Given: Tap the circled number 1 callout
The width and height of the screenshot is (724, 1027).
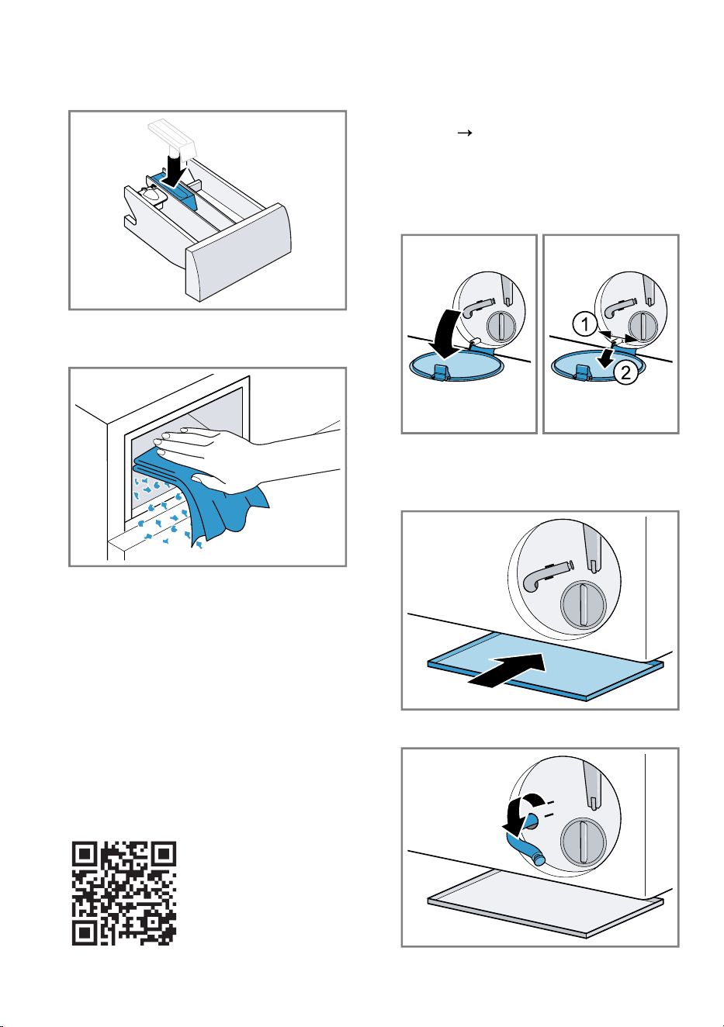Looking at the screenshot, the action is click(x=584, y=324).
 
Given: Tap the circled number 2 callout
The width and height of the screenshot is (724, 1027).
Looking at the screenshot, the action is click(x=625, y=373).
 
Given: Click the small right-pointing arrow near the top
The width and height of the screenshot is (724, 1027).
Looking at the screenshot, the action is click(x=465, y=133).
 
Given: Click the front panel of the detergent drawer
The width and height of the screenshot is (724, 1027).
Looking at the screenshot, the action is click(x=238, y=252).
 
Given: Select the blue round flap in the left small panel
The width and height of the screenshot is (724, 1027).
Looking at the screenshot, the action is click(x=456, y=365).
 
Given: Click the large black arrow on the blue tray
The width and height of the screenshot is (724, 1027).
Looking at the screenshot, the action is click(x=508, y=670).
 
